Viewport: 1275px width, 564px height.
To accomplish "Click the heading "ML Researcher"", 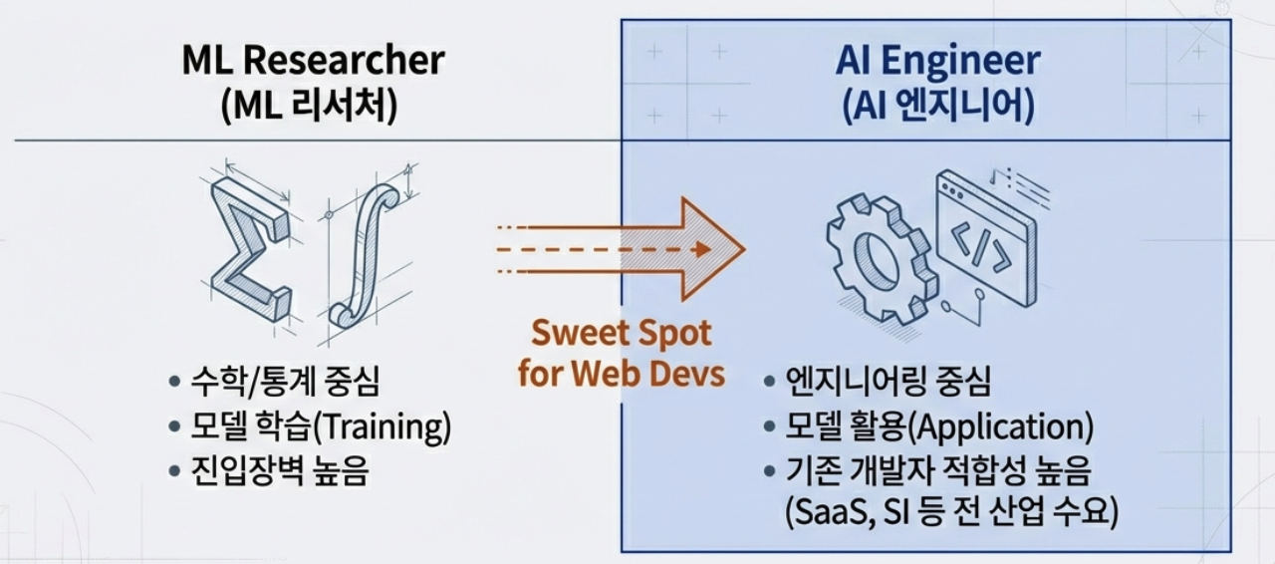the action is [x=313, y=61].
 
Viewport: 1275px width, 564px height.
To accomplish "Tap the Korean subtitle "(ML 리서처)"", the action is [x=311, y=106].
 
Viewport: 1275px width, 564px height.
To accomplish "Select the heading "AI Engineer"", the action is [x=937, y=61].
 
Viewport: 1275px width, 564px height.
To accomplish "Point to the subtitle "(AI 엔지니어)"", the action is [x=937, y=106].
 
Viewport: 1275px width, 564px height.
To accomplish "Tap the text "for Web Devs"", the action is [x=621, y=374].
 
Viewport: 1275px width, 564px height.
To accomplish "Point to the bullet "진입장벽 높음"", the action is [x=280, y=471].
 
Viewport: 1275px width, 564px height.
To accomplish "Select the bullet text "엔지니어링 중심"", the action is [x=889, y=382].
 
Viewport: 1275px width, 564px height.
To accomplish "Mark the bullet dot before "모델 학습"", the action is [x=175, y=427].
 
